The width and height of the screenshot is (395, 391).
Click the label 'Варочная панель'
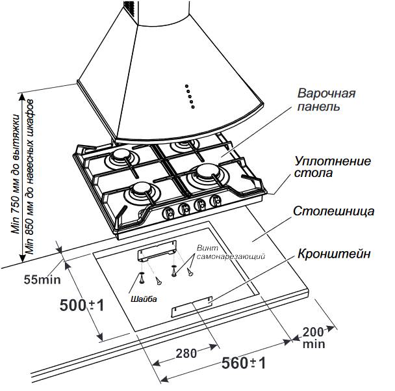click(x=326, y=100)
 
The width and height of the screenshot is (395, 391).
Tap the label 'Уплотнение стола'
click(x=324, y=166)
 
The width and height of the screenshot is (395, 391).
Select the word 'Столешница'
click(x=332, y=212)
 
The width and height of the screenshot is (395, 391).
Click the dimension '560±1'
click(x=244, y=362)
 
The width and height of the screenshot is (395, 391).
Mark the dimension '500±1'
click(x=82, y=304)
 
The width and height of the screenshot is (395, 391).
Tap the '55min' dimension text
click(x=41, y=280)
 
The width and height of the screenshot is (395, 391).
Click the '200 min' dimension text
click(x=313, y=338)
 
